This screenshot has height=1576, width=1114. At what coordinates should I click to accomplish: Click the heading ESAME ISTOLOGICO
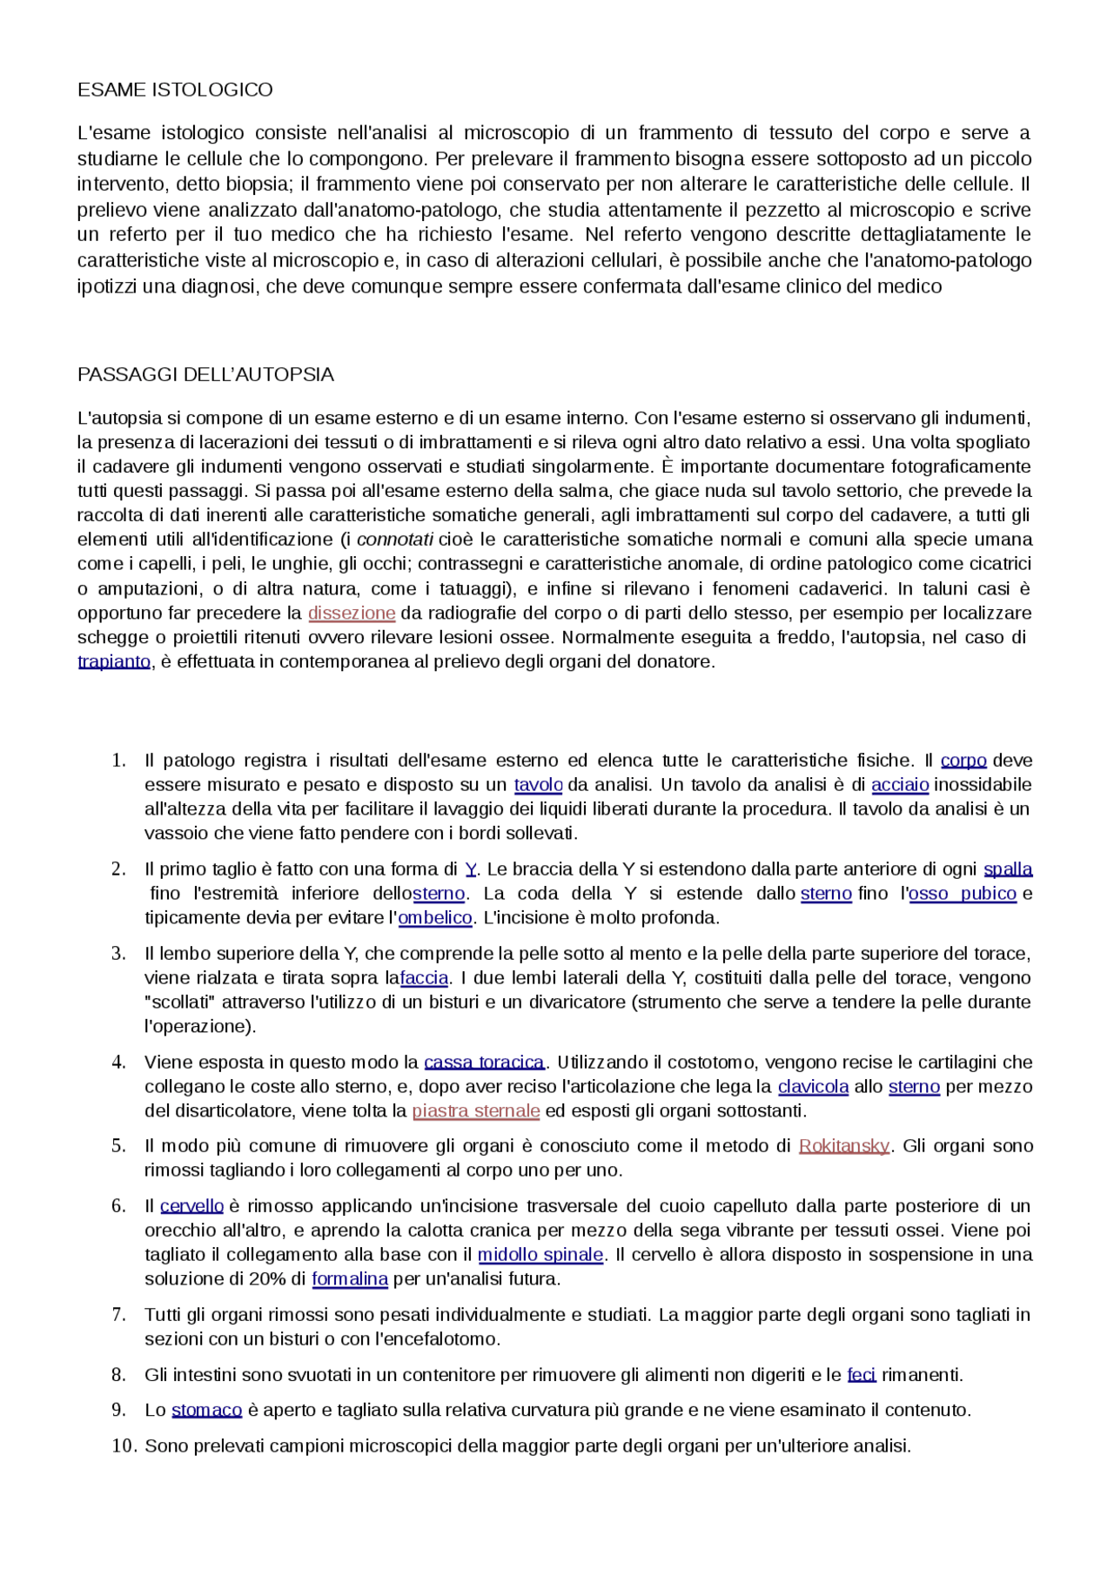[x=175, y=90]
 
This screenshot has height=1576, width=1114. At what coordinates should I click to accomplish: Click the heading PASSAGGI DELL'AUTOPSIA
[x=205, y=374]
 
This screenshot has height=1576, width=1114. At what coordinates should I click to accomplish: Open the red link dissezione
[x=352, y=613]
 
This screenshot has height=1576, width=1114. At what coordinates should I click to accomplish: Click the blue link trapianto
[x=114, y=661]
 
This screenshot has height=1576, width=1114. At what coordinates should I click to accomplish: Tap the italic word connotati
[x=394, y=540]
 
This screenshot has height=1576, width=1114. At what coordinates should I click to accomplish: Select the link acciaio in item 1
[x=900, y=785]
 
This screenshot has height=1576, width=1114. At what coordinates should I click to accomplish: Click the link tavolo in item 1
[x=538, y=785]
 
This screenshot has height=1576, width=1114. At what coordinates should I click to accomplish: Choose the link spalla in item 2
[x=1008, y=869]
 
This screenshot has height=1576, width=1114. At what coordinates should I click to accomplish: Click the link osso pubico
[x=963, y=894]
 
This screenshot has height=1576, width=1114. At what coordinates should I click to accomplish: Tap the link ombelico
[x=435, y=918]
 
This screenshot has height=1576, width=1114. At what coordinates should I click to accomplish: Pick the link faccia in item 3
[x=424, y=978]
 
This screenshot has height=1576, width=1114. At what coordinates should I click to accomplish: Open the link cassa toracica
[x=484, y=1063]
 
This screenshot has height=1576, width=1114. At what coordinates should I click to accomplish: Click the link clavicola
[x=813, y=1087]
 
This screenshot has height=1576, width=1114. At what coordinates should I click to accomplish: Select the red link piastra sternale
[x=476, y=1111]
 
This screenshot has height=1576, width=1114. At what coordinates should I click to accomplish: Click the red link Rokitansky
[x=843, y=1146]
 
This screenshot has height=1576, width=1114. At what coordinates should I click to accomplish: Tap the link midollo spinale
[x=540, y=1255]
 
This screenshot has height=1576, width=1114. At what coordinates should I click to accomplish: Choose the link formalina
[x=350, y=1279]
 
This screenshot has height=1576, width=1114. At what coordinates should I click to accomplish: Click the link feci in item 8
[x=862, y=1375]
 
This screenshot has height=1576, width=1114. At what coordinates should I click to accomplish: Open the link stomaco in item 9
[x=206, y=1410]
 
